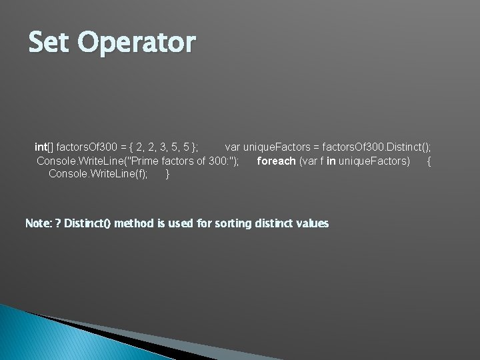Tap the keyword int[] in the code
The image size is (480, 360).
point(44,147)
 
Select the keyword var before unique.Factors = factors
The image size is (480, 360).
point(233,147)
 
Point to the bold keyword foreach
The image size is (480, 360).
point(276,161)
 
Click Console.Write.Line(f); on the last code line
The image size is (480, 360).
point(98,175)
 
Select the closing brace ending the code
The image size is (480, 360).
point(167,175)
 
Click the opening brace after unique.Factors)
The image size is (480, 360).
point(429,161)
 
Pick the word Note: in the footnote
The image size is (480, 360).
point(39,223)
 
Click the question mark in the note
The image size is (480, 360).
point(58,223)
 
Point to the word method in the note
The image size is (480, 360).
point(133,223)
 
